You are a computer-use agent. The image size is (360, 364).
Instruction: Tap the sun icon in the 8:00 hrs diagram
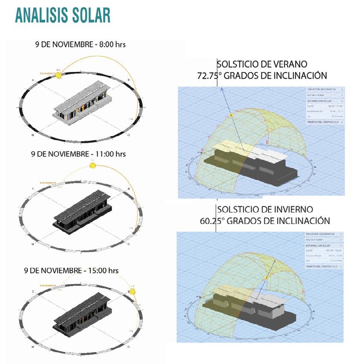58,76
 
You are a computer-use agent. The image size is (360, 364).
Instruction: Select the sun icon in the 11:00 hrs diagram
92,165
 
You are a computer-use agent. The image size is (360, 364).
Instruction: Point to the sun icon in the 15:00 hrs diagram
133,292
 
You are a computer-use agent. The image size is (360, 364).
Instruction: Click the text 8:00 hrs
112,44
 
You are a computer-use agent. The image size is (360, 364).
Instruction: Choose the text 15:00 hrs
102,270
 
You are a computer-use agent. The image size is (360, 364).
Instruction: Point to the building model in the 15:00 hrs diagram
82,315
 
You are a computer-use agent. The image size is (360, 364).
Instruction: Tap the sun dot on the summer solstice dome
231,115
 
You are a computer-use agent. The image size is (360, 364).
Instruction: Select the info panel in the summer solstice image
324,105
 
